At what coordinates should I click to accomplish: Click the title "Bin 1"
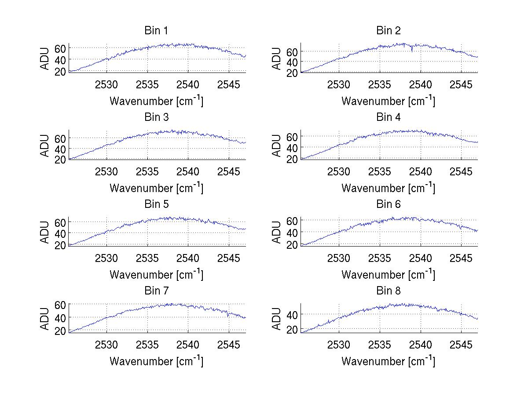(156, 31)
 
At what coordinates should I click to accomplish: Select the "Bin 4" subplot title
(388, 117)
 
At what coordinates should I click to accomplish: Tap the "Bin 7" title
(156, 291)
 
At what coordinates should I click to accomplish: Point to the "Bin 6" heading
(388, 204)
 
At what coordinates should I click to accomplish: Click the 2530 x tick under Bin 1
(107, 84)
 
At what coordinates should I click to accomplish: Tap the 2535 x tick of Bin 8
(380, 345)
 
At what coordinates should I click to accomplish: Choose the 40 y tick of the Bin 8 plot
(292, 314)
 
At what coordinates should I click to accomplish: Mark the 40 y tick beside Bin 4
(292, 147)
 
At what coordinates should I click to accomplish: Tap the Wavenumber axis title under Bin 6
(388, 275)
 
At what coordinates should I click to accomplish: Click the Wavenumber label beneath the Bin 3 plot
(156, 188)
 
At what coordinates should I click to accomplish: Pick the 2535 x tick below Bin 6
(380, 258)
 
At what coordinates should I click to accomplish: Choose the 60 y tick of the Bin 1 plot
(60, 48)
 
